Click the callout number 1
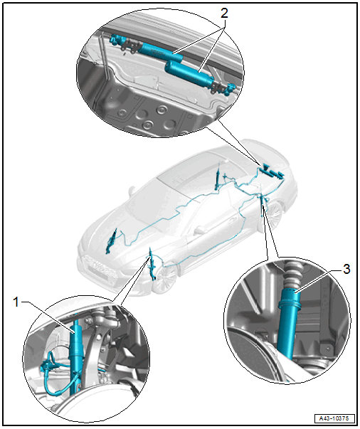(16, 302)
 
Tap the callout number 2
(224, 13)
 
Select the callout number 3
(346, 270)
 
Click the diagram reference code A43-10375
(334, 418)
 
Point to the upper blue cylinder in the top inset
(160, 52)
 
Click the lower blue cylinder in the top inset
(189, 73)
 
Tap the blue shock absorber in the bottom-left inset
(75, 356)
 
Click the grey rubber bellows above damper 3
(290, 274)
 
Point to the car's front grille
(98, 265)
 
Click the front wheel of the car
(165, 278)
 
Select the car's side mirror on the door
(200, 229)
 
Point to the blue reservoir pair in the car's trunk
(272, 171)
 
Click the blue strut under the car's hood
(112, 240)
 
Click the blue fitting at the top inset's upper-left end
(116, 40)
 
